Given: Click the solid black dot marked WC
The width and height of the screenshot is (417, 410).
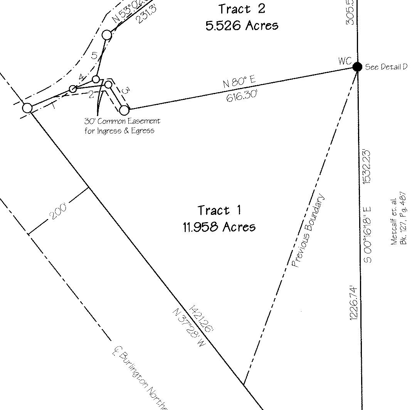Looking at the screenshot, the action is pos(357,67).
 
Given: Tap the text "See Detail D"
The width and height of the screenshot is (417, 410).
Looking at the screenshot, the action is pos(386,67).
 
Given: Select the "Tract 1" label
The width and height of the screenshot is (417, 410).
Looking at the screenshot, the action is pos(219,210).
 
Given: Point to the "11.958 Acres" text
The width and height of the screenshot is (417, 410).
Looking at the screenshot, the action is pos(219,226).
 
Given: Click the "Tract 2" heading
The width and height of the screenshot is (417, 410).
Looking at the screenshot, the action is pos(242,8).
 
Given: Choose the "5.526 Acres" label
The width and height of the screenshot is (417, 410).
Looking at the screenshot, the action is pos(242,25).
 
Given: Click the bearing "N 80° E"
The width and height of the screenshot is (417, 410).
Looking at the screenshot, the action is pos(239,83).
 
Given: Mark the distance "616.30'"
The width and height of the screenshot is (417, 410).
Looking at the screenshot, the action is pos(242,95).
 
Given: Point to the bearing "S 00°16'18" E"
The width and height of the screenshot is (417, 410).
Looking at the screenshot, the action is pos(367,235).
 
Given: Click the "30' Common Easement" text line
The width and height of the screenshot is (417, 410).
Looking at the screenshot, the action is pos(122,121).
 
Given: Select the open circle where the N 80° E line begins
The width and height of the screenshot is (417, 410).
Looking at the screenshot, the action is pos(124,110).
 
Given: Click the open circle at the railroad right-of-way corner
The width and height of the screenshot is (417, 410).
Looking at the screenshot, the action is pos(27,108).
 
